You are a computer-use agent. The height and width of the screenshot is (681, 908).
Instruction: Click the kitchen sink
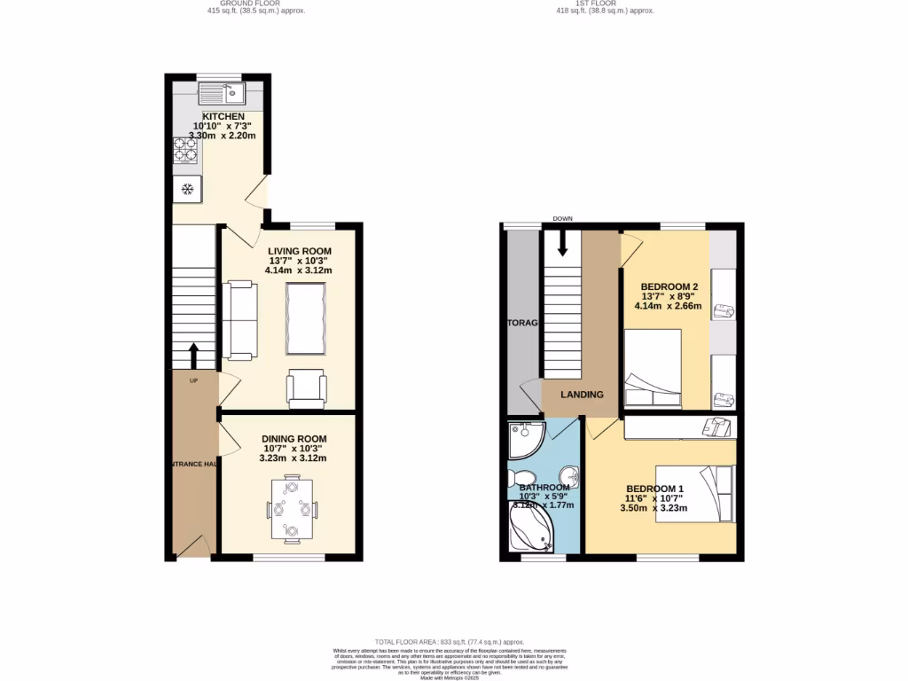(223, 91)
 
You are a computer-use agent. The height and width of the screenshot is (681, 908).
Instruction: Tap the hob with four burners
(185, 149)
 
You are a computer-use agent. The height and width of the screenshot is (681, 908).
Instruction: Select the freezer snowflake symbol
(187, 189)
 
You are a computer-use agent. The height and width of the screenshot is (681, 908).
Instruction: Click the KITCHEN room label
(223, 117)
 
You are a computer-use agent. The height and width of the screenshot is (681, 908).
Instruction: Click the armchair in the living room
(307, 389)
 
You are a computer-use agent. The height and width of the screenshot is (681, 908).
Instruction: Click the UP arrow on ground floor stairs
(193, 356)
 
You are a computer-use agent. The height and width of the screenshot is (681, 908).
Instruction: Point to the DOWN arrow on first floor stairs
(561, 242)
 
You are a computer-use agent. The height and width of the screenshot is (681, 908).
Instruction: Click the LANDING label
(581, 395)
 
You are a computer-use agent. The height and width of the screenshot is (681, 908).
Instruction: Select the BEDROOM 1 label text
(654, 489)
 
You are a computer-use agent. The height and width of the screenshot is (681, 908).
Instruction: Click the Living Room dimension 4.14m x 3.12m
(301, 270)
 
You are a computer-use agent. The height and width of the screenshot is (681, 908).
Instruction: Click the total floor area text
(449, 641)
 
